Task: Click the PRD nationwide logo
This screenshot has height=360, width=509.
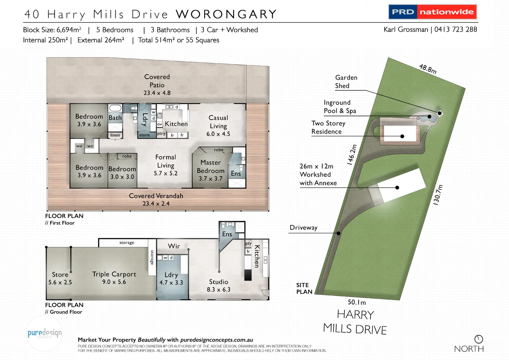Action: click(x=432, y=12)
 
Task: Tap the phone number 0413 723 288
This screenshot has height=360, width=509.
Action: click(x=455, y=29)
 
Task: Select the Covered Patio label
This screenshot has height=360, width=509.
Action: click(x=157, y=85)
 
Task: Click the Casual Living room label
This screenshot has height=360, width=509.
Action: click(x=218, y=126)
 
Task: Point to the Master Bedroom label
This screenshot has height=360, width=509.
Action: click(x=211, y=170)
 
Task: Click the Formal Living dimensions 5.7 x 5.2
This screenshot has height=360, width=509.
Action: click(x=166, y=173)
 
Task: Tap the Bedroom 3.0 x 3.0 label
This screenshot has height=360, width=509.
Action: click(x=122, y=173)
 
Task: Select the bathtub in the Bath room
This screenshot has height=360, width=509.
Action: click(x=115, y=108)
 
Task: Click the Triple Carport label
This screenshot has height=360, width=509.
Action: click(x=114, y=278)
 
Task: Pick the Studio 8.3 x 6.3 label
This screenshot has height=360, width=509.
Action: click(x=219, y=285)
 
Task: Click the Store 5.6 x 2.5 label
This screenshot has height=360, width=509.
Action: click(x=60, y=278)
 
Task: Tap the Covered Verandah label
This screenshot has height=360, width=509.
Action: click(x=156, y=199)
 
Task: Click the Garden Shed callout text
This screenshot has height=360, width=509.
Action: click(x=346, y=82)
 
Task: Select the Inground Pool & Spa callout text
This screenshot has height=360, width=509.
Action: click(x=340, y=107)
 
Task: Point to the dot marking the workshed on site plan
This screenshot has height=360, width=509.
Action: click(x=397, y=188)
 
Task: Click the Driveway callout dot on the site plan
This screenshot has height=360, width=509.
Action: click(x=338, y=233)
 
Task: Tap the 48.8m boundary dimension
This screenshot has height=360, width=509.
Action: click(x=428, y=69)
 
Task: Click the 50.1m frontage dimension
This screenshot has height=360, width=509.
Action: click(x=357, y=302)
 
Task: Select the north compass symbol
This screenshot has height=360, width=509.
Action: click(x=479, y=339)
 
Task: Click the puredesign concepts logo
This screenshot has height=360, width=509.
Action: click(x=44, y=333)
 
